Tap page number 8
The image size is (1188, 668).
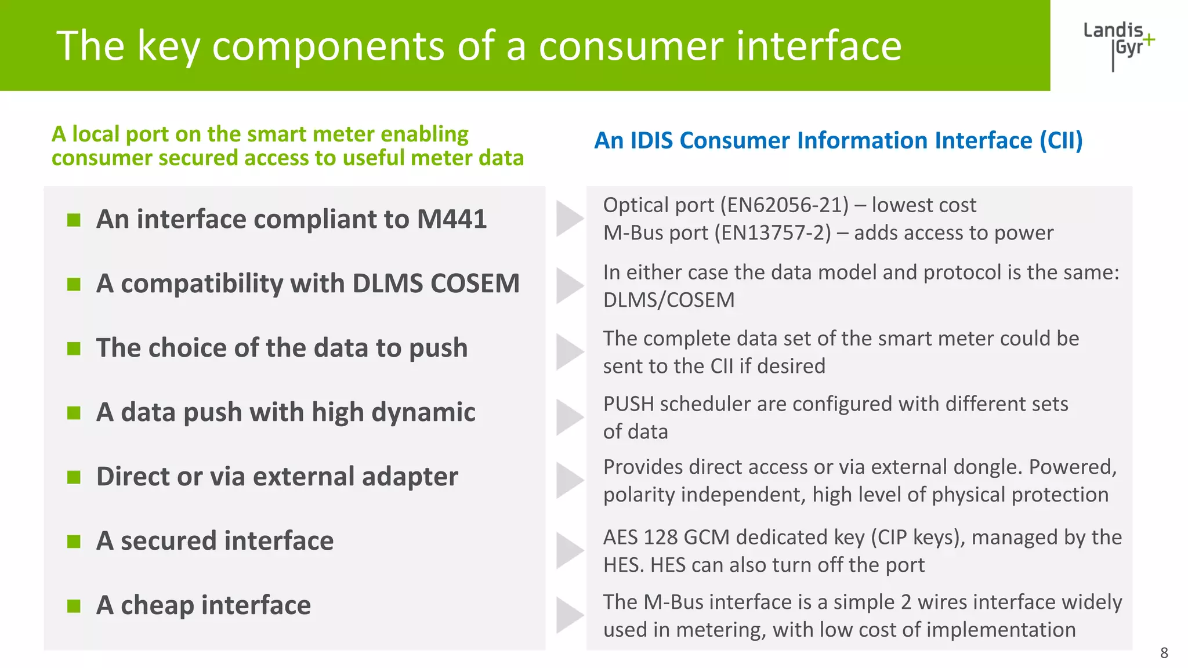[x=1164, y=653]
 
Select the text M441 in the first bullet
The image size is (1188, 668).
[x=451, y=219]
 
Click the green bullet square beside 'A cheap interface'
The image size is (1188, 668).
[x=74, y=606]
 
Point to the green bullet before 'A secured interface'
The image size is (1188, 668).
[x=74, y=542]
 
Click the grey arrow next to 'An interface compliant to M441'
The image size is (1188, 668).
[x=569, y=219]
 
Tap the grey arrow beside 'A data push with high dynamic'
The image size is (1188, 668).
[x=569, y=417]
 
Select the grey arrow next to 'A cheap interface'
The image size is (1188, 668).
[x=569, y=615]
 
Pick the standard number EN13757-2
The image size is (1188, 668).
[x=772, y=233]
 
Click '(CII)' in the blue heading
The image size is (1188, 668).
[x=1061, y=141]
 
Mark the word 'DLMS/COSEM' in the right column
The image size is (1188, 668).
[x=668, y=300]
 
